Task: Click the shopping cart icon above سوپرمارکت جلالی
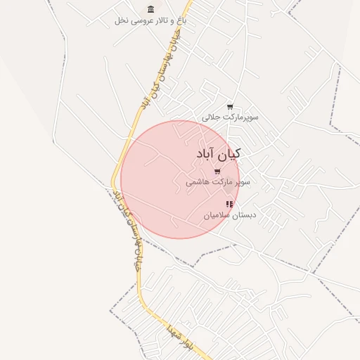tap(230, 107)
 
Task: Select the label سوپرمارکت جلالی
tap(230, 117)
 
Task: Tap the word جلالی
tap(212, 117)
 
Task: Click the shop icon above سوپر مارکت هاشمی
tap(217, 172)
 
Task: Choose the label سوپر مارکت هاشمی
tap(218, 182)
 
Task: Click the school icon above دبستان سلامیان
tap(229, 204)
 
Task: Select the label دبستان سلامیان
tap(229, 214)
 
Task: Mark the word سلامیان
tap(217, 214)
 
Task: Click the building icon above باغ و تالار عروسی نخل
tap(150, 9)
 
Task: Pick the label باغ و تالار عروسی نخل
tap(150, 20)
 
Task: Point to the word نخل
tap(120, 20)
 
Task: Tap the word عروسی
tap(139, 20)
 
